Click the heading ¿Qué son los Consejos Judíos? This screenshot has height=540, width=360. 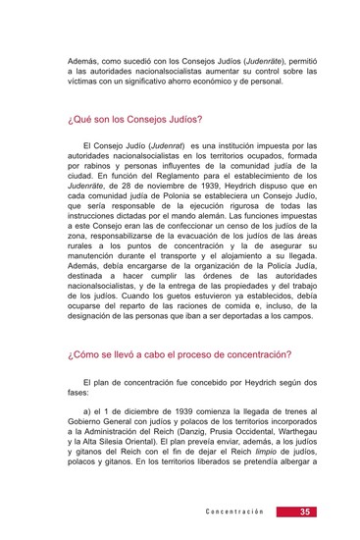[134, 119]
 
